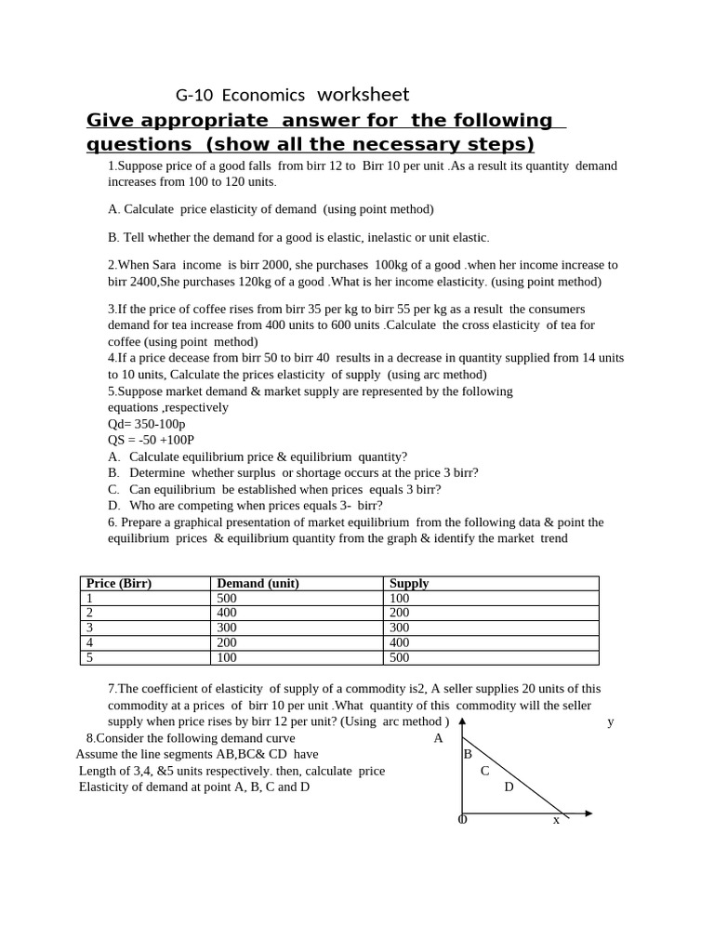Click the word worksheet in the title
tap(363, 95)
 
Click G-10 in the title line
tap(195, 95)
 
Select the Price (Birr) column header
tap(118, 583)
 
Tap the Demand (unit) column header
tap(258, 583)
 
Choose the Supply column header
tap(409, 583)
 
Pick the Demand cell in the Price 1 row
tap(227, 598)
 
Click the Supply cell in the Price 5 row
tap(400, 657)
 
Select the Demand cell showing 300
tap(227, 628)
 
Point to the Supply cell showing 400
tap(400, 642)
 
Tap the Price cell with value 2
tap(90, 613)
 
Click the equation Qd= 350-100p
tap(146, 424)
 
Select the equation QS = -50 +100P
tap(151, 440)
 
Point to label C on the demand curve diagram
tap(484, 771)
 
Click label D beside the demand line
tap(509, 787)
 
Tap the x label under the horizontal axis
tap(556, 820)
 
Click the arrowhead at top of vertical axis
tap(462, 721)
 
